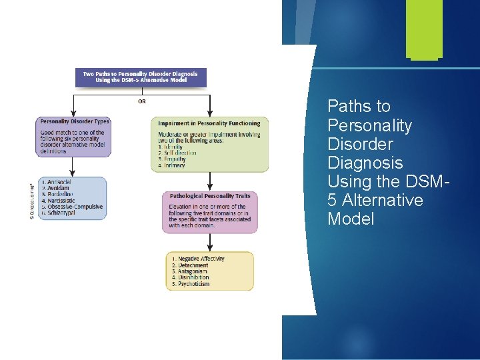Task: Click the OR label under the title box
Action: tap(142, 101)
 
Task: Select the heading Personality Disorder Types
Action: tap(75, 121)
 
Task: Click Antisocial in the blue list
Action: tap(59, 182)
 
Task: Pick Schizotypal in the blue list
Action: tap(60, 213)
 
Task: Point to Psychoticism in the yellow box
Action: tap(193, 284)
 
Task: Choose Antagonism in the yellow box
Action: tap(193, 271)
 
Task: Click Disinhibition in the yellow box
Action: tap(193, 278)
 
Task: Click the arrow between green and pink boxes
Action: tap(210, 181)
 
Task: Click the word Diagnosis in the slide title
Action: tap(365, 163)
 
